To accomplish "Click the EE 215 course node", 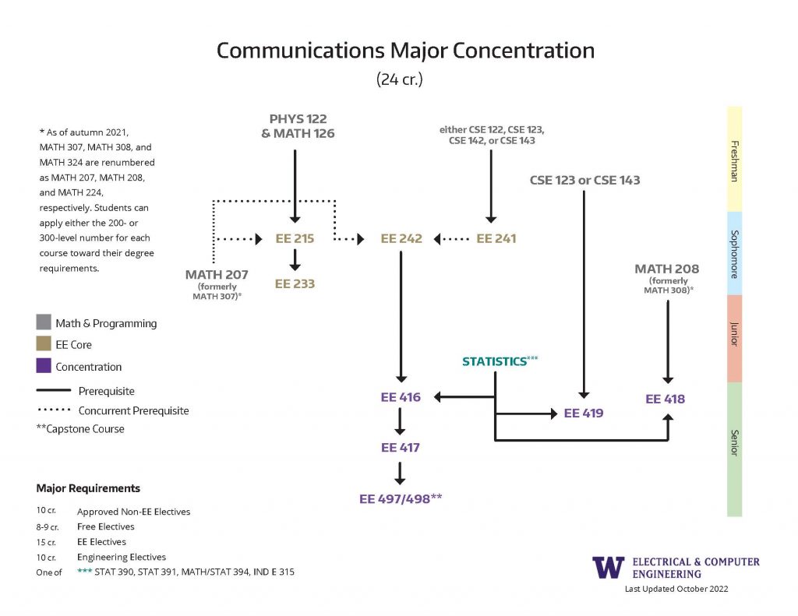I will (295, 239).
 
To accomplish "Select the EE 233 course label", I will (295, 284).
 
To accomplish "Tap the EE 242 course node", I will (401, 239).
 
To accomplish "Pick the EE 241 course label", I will (496, 239).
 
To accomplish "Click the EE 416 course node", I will (401, 398).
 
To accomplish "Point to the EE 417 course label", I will (401, 448).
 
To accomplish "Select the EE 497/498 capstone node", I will (401, 499).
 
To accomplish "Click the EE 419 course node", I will (584, 414).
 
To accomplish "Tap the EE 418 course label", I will (666, 400).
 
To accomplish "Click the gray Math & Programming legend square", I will (44, 322).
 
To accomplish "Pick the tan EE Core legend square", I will (44, 344).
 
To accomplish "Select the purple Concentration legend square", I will (44, 366).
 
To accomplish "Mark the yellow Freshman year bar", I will (734, 159).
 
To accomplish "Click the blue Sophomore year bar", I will (734, 252).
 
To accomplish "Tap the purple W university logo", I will (608, 567).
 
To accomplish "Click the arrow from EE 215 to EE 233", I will (295, 260).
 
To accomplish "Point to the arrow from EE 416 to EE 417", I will (401, 423).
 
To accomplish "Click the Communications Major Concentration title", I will (405, 51).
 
